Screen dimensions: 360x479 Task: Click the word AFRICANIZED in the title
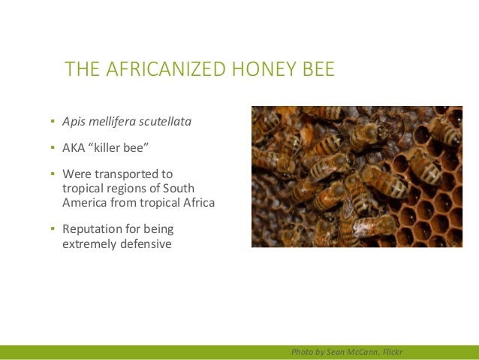click(158, 70)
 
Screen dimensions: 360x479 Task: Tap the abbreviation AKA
click(74, 147)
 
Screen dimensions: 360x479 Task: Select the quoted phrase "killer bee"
click(116, 147)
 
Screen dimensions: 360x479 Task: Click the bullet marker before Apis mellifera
click(53, 120)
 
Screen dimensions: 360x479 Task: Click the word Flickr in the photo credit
click(390, 352)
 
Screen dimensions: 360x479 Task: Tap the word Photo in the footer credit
click(303, 352)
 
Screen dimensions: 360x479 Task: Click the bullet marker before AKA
click(53, 147)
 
